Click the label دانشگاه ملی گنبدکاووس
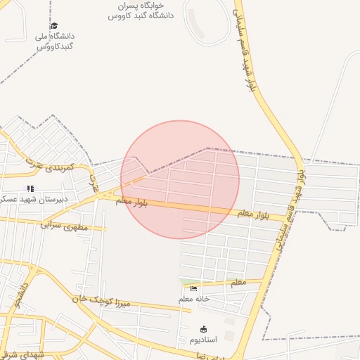tap(54, 41)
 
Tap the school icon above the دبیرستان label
tap(30, 188)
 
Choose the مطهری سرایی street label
tap(64, 226)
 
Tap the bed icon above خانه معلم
tap(193, 288)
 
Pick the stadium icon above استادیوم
tap(204, 329)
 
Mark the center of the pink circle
tap(180, 179)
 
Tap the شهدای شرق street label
tap(21, 354)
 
